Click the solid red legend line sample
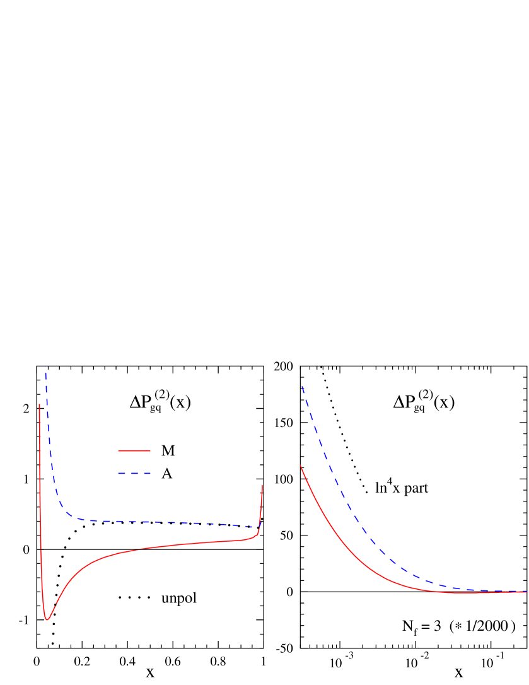(x=134, y=450)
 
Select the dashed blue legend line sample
(x=134, y=473)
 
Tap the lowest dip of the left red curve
(x=47, y=619)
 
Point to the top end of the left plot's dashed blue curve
(x=45, y=366)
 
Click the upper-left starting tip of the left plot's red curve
(x=40, y=404)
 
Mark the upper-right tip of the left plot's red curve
(x=262, y=485)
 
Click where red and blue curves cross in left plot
(x=259, y=527)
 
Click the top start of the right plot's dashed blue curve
(x=302, y=386)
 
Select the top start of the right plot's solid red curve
(x=301, y=465)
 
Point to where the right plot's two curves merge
(x=498, y=592)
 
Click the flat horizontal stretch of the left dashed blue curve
(x=158, y=522)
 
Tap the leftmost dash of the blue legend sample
(x=122, y=473)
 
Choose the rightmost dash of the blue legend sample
(x=147, y=473)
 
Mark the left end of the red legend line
(x=119, y=450)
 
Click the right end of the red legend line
(x=150, y=450)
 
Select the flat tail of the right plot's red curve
(x=479, y=593)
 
